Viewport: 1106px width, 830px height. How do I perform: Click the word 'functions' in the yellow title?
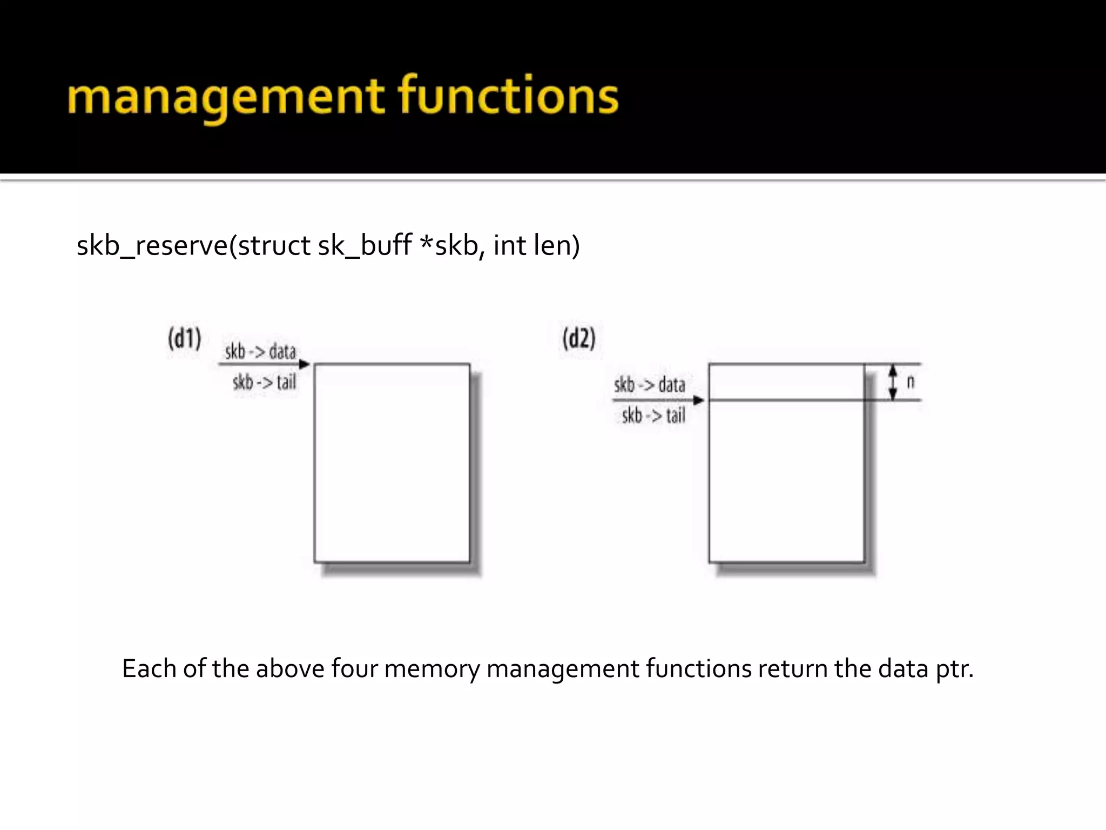508,96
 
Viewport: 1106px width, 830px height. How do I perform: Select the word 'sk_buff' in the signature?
365,246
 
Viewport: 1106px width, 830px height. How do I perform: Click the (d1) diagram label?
185,339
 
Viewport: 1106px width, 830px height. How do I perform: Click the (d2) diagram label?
579,339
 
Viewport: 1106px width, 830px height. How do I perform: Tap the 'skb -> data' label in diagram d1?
260,352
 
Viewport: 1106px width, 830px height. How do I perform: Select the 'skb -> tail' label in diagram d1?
265,383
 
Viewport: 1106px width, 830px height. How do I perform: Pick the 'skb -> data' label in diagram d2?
650,385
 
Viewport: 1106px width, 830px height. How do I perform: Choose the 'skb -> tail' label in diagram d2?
653,416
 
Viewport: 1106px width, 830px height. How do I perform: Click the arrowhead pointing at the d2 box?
699,400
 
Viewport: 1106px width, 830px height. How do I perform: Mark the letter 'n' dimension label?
911,382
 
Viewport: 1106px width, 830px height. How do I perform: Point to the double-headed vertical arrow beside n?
893,382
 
